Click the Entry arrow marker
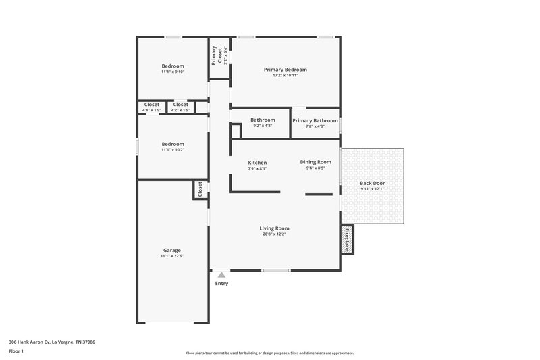click(x=221, y=274)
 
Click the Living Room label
click(x=274, y=228)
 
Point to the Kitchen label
click(x=257, y=163)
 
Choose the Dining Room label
click(x=315, y=162)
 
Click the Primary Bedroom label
click(x=285, y=70)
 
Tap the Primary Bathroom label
click(x=315, y=120)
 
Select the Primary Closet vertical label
click(x=215, y=54)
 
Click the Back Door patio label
click(x=372, y=183)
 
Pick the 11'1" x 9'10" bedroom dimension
click(x=172, y=72)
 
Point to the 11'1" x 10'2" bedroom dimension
click(x=172, y=150)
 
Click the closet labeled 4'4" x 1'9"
click(x=152, y=110)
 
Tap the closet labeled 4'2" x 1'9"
click(x=180, y=110)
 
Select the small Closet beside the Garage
click(x=200, y=190)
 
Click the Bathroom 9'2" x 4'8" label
click(x=263, y=126)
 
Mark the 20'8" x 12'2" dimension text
click(x=274, y=235)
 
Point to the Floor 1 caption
click(x=16, y=352)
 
